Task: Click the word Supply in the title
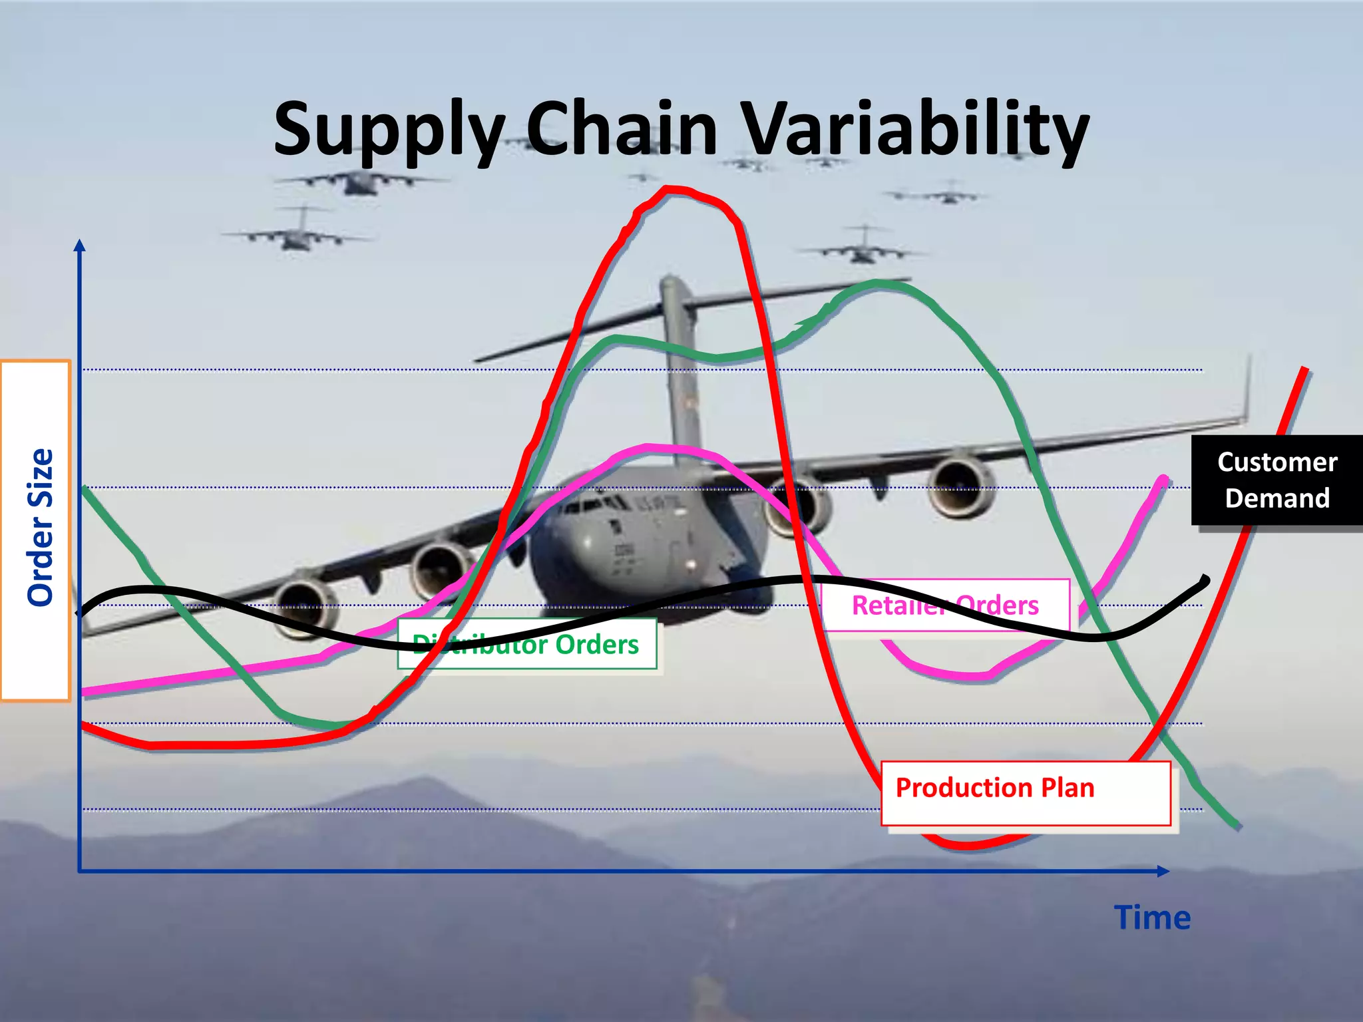389,130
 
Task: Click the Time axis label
1152,918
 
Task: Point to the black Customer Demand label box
1276,480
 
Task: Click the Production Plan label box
1025,793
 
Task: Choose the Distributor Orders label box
526,644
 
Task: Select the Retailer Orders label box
945,605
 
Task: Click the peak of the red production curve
672,190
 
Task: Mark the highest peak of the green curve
878,283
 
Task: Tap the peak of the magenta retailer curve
656,447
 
